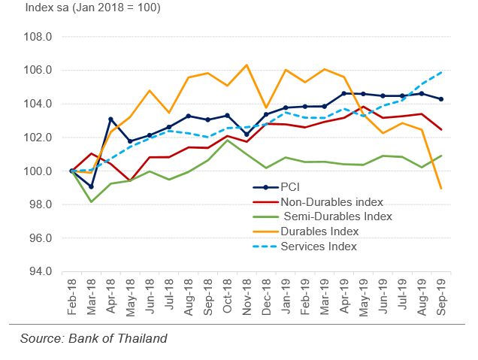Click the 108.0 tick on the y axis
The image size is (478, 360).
(37, 37)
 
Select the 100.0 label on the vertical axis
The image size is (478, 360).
(37, 171)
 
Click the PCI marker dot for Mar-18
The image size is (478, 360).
(90, 187)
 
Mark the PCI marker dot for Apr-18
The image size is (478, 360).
(110, 119)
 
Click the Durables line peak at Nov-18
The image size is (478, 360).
(247, 65)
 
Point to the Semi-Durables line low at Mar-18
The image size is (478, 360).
(90, 201)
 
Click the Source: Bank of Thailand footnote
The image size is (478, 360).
(94, 338)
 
